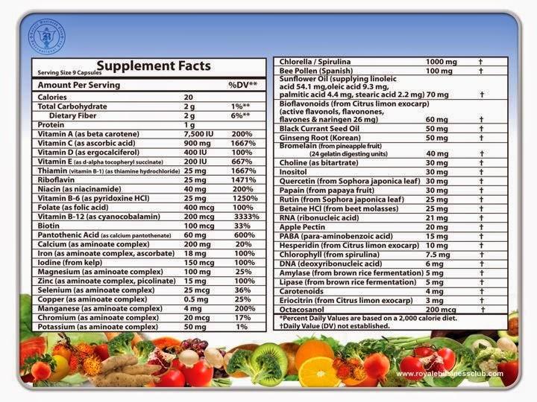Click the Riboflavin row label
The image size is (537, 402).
(x=57, y=180)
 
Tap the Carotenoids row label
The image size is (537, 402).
(x=301, y=290)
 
